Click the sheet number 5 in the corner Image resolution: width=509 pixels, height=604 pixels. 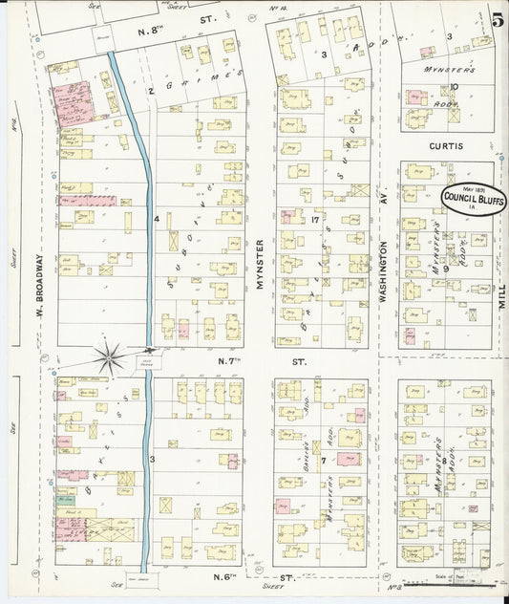(498, 18)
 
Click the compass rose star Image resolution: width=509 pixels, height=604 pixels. (111, 358)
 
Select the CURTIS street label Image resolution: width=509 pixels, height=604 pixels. (445, 146)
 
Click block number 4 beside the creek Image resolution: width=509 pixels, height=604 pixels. (157, 219)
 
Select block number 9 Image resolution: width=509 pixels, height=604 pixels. (445, 270)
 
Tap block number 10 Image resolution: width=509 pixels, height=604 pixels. (455, 87)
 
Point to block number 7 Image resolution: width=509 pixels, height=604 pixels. (324, 459)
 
